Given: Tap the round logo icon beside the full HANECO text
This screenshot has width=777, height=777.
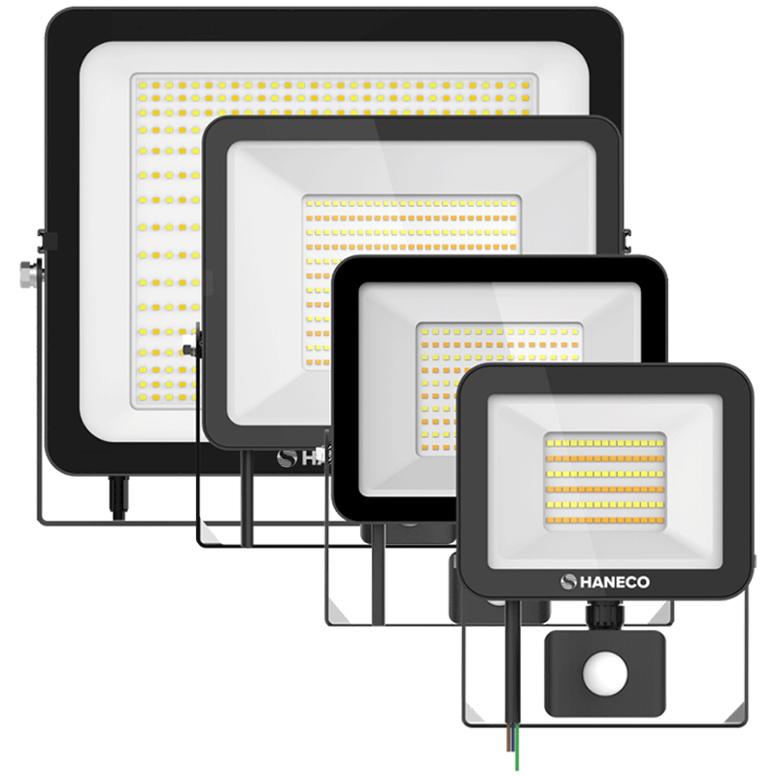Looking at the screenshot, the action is point(568,582).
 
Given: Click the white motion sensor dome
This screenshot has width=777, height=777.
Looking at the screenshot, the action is point(605,675).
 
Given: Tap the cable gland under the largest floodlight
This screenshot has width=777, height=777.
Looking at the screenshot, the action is point(118,497).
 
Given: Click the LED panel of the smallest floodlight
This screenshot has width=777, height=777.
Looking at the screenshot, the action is point(605,482).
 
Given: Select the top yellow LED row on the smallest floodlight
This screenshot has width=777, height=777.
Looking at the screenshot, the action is point(605,443).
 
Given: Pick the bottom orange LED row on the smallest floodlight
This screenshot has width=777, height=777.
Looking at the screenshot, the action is point(605,521).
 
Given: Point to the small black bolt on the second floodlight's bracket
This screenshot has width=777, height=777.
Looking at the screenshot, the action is point(188,350).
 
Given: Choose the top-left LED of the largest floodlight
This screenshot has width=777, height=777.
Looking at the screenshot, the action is point(143,85).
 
